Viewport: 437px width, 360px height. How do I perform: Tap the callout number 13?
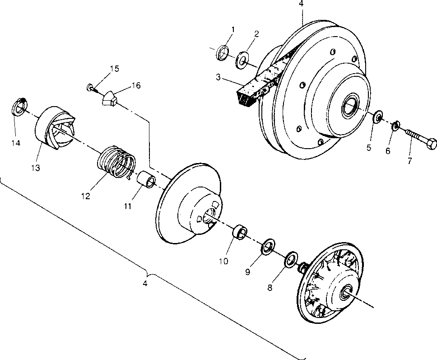pyautogui.click(x=36, y=168)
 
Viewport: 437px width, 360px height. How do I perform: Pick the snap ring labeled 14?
pyautogui.click(x=19, y=107)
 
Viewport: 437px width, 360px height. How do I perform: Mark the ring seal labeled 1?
pyautogui.click(x=223, y=53)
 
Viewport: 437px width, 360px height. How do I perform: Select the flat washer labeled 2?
pyautogui.click(x=242, y=60)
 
